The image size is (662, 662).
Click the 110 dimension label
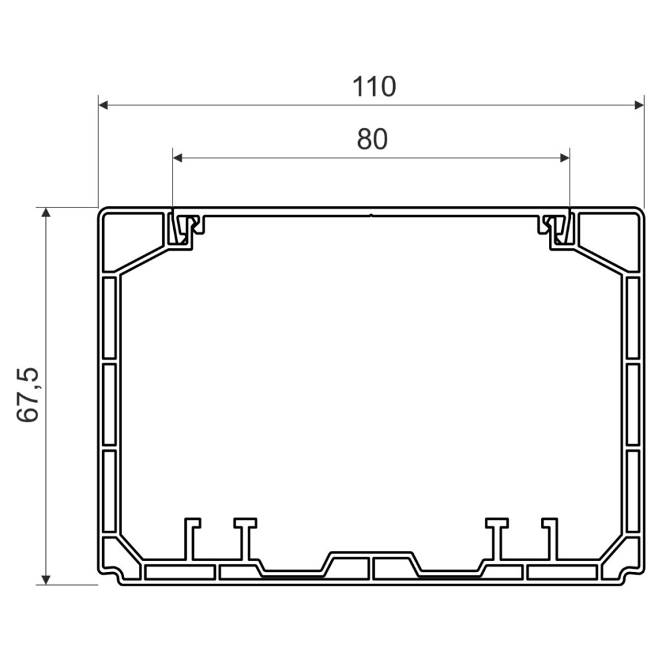pyautogui.click(x=374, y=87)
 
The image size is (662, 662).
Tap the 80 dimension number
pyautogui.click(x=372, y=140)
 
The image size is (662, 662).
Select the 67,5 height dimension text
pyautogui.click(x=28, y=395)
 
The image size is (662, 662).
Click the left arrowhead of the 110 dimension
pyautogui.click(x=103, y=105)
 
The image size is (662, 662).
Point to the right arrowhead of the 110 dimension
pyautogui.click(x=639, y=105)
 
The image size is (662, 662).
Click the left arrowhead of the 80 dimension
pyautogui.click(x=177, y=158)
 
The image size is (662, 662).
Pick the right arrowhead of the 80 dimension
pyautogui.click(x=564, y=158)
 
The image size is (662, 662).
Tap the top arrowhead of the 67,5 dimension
pyautogui.click(x=47, y=212)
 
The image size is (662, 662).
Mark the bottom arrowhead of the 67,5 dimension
pyautogui.click(x=47, y=580)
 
